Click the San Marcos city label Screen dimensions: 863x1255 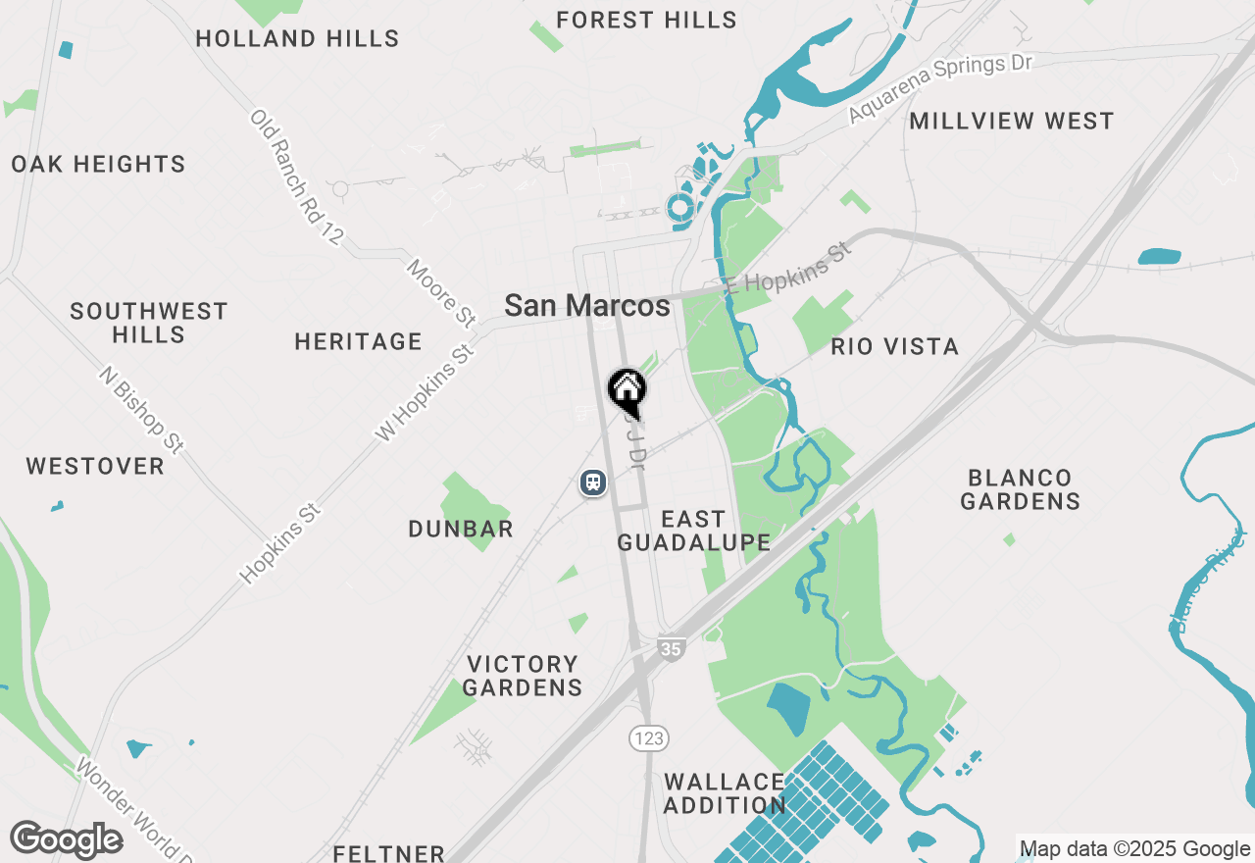[x=587, y=306]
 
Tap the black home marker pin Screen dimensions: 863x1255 [x=627, y=390]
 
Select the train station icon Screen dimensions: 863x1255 [x=592, y=482]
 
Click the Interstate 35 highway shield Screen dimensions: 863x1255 [x=671, y=648]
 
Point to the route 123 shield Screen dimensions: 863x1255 [x=649, y=738]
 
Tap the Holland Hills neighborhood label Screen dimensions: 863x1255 [x=297, y=39]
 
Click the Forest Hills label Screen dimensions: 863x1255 [x=646, y=20]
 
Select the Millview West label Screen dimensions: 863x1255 [x=1012, y=122]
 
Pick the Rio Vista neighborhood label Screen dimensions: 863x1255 [x=894, y=347]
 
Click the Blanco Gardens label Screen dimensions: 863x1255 [x=1020, y=489]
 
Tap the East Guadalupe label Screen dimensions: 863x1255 [x=693, y=531]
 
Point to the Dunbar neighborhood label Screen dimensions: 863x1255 [x=461, y=530]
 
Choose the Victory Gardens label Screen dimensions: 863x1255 [x=523, y=676]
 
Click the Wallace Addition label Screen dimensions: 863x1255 [x=725, y=793]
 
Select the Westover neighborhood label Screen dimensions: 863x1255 [x=95, y=467]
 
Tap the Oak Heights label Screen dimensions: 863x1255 [x=98, y=164]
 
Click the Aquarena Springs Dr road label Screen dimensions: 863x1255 [x=940, y=89]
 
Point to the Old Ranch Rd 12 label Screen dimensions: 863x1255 [x=297, y=177]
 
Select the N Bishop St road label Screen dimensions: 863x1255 [x=141, y=410]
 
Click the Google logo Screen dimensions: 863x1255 [x=66, y=839]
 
